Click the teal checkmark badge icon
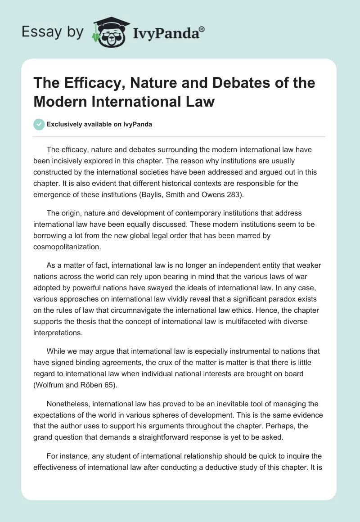click(x=40, y=124)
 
